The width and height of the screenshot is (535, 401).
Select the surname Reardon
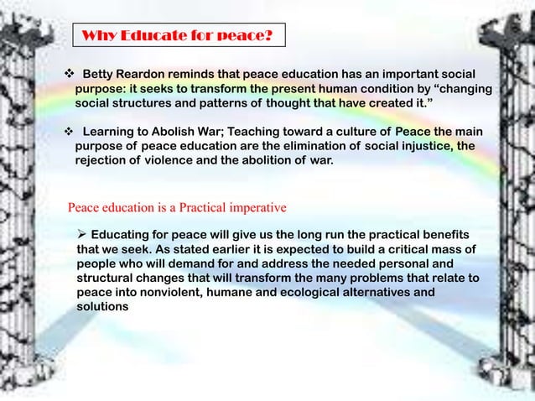(154, 74)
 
